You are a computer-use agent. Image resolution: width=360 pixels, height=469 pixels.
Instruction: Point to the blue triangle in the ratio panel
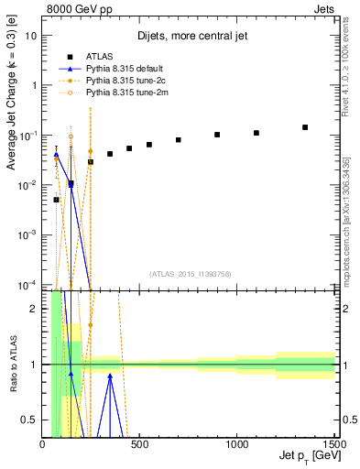tap(110, 376)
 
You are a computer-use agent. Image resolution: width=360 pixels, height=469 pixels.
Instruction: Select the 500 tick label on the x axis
tap(140, 444)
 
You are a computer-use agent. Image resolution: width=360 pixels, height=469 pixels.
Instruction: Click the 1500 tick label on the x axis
tap(333, 444)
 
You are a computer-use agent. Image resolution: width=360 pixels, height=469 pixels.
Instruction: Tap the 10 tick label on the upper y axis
tap(31, 36)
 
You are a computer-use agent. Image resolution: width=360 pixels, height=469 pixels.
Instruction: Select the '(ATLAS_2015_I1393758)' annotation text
tap(190, 274)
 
